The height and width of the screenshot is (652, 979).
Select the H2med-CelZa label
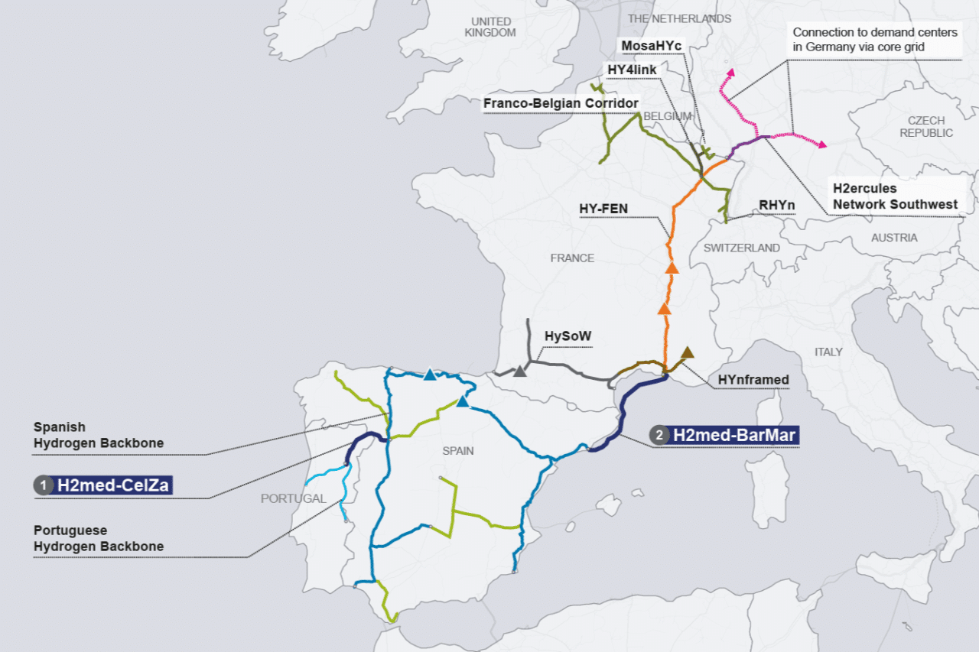point(112,485)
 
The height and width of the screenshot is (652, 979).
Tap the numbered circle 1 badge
point(44,485)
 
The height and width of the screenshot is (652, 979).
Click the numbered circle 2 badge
point(659,436)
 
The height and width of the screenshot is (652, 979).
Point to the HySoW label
point(568,336)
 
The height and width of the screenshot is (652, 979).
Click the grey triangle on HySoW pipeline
point(520,371)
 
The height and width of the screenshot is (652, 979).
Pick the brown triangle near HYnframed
point(687,352)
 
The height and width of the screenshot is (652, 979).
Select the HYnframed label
point(753,379)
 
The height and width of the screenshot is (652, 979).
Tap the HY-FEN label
point(603,207)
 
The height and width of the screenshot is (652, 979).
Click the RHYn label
point(777,205)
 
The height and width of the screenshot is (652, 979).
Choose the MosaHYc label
point(651,46)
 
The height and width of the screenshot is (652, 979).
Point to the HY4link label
point(632,70)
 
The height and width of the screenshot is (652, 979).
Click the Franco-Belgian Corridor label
point(560,103)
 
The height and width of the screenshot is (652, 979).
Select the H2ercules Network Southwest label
point(895,196)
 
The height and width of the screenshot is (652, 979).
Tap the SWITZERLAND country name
point(741,248)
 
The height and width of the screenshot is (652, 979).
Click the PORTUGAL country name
point(293,498)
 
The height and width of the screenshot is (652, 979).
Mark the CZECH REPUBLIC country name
point(925,127)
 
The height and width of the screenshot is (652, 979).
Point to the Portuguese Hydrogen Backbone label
point(98,538)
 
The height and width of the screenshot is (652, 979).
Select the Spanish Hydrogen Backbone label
point(98,435)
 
